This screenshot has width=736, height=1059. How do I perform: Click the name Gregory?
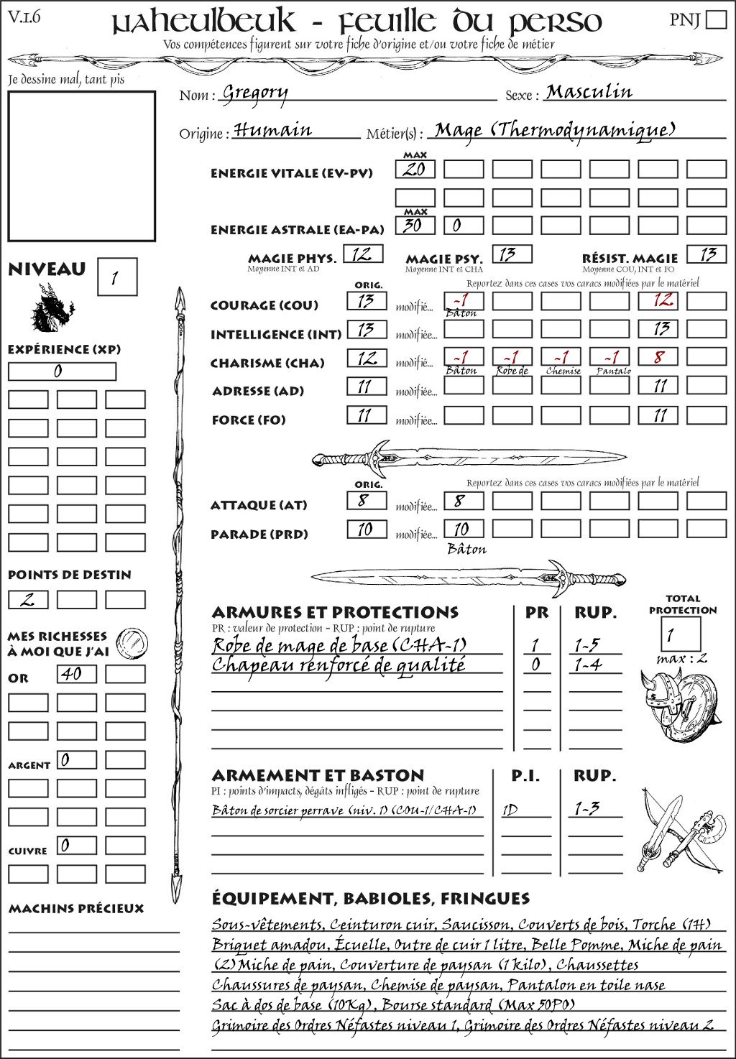tap(255, 93)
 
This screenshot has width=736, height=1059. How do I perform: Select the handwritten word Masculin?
tap(589, 92)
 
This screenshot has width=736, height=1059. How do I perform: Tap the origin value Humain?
tap(272, 130)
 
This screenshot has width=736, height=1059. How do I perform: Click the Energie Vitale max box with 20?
tap(415, 169)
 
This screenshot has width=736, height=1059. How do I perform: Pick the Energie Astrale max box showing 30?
tap(415, 225)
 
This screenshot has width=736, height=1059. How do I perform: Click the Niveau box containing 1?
tap(116, 277)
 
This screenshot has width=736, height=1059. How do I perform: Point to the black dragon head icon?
tap(52, 308)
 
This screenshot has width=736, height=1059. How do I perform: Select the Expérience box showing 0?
tap(62, 371)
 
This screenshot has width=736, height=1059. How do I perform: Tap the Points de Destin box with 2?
tap(28, 599)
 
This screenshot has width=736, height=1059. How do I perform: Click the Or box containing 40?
tap(76, 674)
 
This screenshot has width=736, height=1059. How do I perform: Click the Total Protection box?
tap(680, 634)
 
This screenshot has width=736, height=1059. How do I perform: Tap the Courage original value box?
tap(367, 300)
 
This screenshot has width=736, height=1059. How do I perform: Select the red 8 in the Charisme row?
tap(658, 357)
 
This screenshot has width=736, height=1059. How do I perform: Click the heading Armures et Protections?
tap(335, 612)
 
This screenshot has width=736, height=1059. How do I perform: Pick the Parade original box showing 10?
tap(367, 529)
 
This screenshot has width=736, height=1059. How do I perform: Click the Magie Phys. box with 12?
tap(363, 254)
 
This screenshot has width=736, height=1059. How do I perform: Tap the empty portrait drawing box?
tap(81, 166)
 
